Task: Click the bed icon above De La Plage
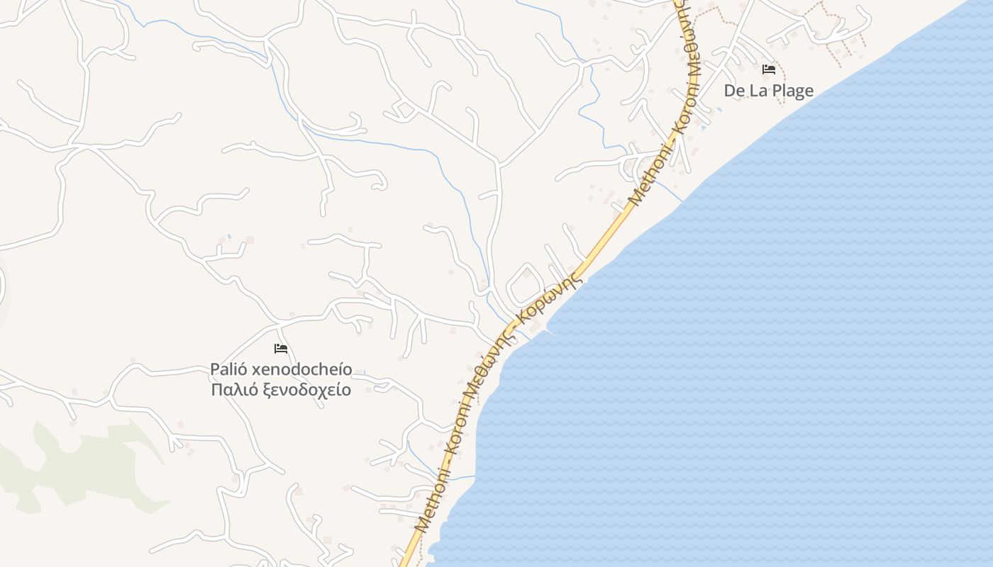(768, 69)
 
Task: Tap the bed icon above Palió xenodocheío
(281, 349)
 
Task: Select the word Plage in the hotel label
(792, 91)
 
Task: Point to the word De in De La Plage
(734, 91)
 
